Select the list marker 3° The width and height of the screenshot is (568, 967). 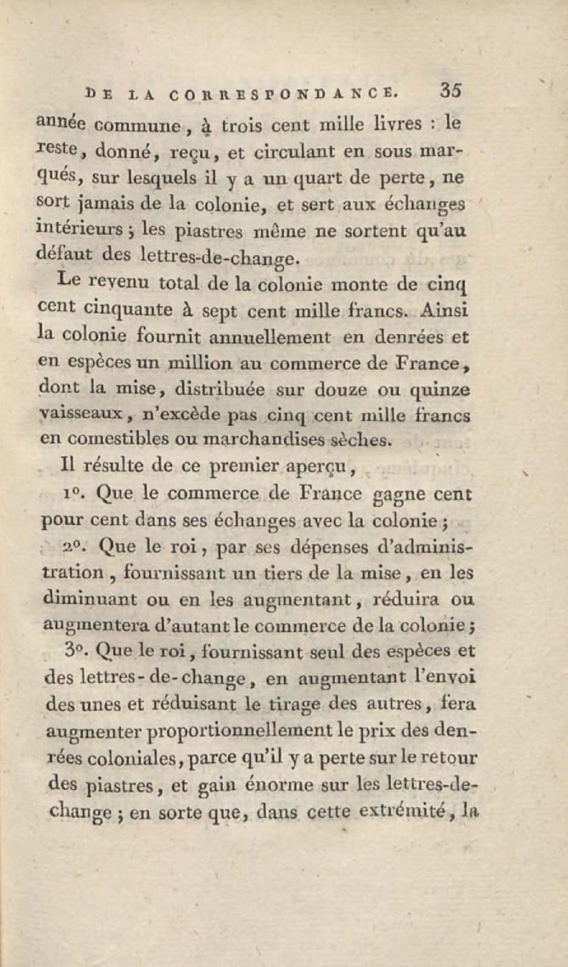coord(73,653)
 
